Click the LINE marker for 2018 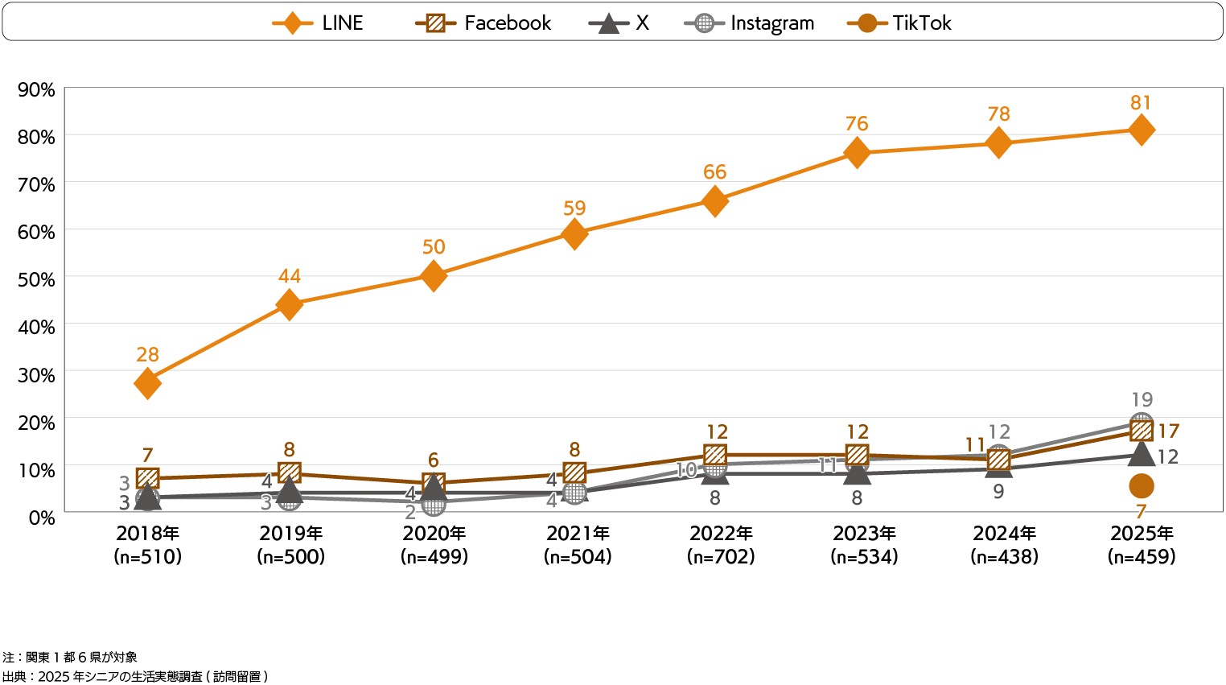(147, 383)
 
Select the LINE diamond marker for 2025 (1141, 130)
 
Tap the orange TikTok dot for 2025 (1141, 486)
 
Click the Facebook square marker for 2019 (290, 472)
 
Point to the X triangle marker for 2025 (1141, 454)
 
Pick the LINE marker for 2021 (574, 234)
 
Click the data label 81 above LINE (1141, 103)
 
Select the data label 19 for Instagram (1142, 399)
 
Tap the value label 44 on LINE (290, 276)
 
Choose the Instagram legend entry (750, 23)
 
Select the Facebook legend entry (483, 23)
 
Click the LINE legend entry (318, 23)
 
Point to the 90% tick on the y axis (37, 89)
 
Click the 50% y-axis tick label (37, 279)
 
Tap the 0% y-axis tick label (42, 518)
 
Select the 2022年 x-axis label (721, 533)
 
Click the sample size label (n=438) (1004, 556)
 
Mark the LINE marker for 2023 (858, 153)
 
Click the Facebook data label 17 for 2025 (1168, 431)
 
